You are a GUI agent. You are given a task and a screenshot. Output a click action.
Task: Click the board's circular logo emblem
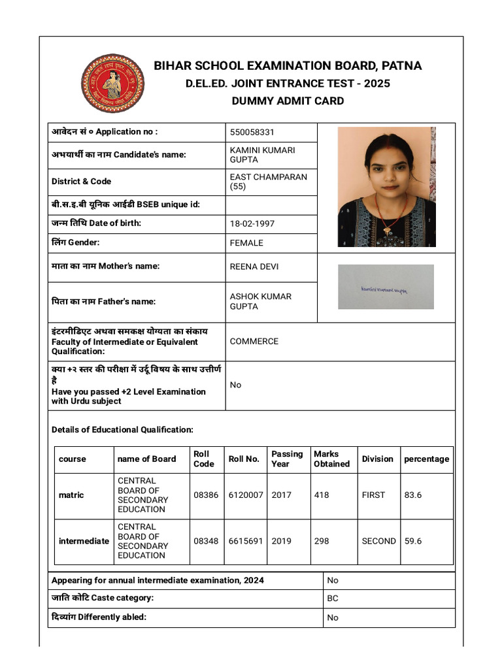[112, 83]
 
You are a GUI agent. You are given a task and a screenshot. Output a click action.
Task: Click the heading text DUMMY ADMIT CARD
[288, 101]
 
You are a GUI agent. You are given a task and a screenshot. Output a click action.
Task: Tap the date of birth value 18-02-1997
[252, 223]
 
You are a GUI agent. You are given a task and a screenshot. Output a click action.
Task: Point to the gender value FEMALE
[246, 243]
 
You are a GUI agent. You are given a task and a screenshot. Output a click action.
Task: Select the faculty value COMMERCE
[254, 341]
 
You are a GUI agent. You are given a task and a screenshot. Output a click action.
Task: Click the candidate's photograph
[386, 187]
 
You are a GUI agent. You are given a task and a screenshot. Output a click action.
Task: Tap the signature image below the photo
[386, 287]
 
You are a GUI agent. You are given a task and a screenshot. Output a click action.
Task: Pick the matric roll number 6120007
[246, 495]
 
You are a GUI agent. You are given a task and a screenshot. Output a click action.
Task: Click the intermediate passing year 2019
[282, 541]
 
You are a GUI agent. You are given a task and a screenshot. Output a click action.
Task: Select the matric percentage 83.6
[413, 495]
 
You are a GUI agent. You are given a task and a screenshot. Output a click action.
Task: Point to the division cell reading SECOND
[378, 541]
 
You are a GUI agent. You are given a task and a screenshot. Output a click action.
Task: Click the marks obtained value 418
[322, 495]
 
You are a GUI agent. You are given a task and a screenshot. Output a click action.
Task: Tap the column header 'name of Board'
[146, 459]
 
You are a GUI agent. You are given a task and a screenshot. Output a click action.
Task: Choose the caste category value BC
[333, 598]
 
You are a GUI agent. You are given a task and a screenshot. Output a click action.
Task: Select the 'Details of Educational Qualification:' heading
[122, 430]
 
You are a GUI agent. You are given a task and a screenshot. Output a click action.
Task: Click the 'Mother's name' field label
[105, 267]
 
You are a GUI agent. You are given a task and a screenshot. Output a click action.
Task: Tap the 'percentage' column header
[426, 459]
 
